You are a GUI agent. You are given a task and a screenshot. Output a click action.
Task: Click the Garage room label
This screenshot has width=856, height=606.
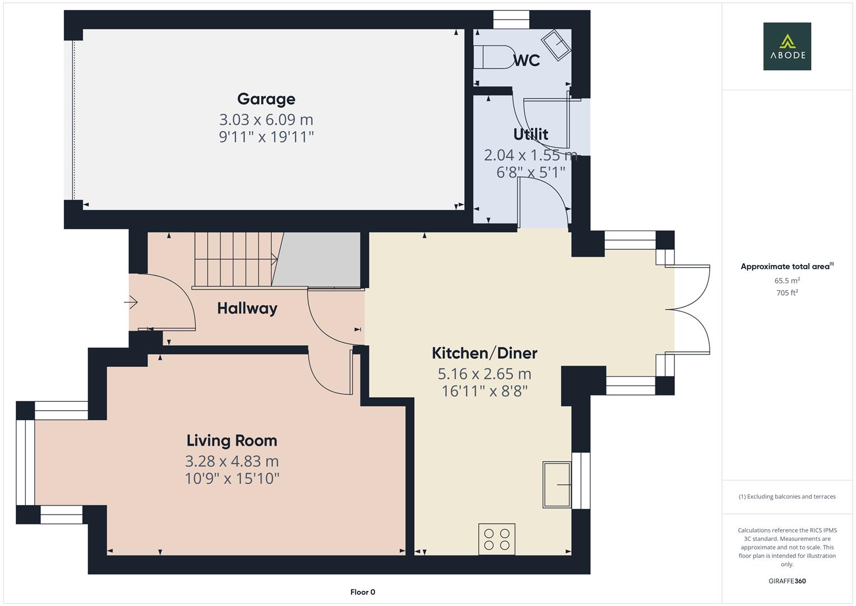pos(266,99)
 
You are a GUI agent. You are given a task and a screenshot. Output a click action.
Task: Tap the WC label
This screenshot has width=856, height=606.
pos(526,61)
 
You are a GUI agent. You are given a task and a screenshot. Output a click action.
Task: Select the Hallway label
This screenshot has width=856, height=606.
pos(247,309)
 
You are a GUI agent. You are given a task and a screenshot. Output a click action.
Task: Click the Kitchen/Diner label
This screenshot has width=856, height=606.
pos(484,353)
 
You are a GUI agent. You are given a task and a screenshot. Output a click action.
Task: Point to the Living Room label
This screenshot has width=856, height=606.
pos(232,440)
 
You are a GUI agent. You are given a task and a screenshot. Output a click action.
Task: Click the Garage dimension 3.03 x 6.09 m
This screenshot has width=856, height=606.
pos(266,120)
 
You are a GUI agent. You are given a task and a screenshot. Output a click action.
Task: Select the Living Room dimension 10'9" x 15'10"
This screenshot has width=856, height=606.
pos(232,479)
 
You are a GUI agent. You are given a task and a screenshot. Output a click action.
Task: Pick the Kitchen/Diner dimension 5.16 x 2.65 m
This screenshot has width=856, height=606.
pos(484,374)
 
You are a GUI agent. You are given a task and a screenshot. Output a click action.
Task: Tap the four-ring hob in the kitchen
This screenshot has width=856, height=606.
pos(497,539)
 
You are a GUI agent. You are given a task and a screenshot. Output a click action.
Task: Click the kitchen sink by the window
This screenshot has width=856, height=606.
pos(557,485)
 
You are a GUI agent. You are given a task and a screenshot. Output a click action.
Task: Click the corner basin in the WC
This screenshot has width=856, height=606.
pos(556,45)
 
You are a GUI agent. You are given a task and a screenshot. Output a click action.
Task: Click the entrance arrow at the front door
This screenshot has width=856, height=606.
pos(131,302)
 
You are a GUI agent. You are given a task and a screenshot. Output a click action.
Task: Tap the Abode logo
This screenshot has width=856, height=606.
pos(787,46)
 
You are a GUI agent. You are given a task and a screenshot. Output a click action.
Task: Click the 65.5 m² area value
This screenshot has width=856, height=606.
pos(787,281)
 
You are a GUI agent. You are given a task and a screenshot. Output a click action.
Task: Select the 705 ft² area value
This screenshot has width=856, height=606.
pos(787,293)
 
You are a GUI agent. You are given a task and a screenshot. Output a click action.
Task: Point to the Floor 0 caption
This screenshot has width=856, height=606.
pos(363,592)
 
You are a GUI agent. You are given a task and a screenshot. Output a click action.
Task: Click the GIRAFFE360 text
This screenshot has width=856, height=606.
pos(787,581)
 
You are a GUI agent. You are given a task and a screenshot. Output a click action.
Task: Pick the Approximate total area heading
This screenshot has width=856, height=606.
pos(787,267)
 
